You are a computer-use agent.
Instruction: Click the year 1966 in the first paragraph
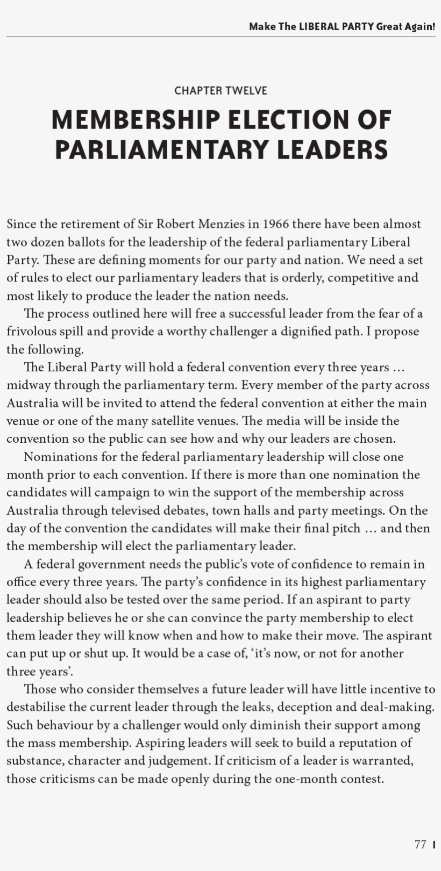point(276,224)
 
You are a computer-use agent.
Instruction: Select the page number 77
point(420,844)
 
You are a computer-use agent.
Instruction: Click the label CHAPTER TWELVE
point(220,90)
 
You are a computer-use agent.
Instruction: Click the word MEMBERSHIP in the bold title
point(136,120)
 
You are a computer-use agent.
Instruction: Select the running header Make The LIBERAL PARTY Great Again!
point(342,26)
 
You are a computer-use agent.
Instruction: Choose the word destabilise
point(36,707)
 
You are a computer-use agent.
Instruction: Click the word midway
point(28,385)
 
